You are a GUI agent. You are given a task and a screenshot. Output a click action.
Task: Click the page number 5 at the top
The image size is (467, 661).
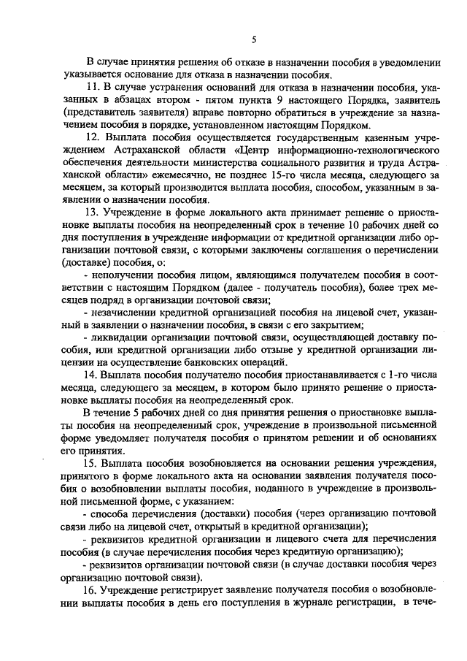point(253,39)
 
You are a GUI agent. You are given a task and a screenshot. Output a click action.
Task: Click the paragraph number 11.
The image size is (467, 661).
point(92,87)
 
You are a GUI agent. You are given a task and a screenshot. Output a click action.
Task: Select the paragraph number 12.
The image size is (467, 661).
point(92,137)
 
